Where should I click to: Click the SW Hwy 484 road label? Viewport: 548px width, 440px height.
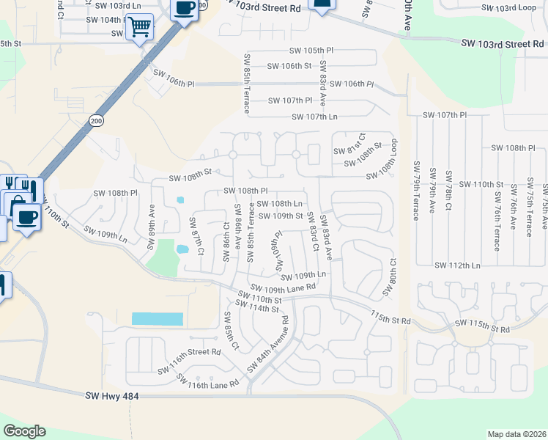[112, 397]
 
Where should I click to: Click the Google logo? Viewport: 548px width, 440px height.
[25, 431]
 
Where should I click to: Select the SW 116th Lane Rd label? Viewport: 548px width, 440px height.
[208, 380]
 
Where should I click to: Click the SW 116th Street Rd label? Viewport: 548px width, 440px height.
[189, 352]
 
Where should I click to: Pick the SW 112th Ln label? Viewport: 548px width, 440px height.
[457, 265]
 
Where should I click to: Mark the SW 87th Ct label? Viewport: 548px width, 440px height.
[196, 236]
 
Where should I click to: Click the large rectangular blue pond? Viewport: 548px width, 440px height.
[157, 319]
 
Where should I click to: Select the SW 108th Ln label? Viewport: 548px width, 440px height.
[278, 203]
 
